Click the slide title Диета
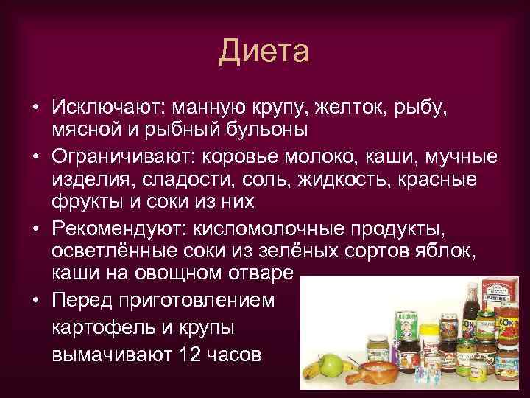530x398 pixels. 265,52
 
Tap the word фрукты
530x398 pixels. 82,201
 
